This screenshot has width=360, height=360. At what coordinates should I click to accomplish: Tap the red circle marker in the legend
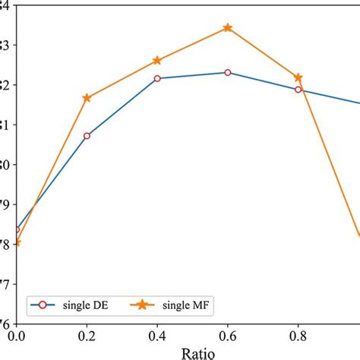tap(43, 305)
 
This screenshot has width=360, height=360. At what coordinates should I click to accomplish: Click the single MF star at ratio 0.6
tap(228, 28)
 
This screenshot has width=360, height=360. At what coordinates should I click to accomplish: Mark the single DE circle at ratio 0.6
tap(228, 72)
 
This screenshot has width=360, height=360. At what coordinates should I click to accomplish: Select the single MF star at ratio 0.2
tap(87, 98)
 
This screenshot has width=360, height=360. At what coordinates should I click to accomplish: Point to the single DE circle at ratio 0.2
tap(87, 136)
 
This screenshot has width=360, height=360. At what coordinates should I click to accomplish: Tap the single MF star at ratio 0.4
tap(157, 60)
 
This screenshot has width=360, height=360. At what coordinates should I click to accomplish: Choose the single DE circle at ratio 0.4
tap(157, 78)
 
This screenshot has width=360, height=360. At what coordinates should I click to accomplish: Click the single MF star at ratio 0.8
tap(298, 77)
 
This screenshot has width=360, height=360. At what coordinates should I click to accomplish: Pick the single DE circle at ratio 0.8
tap(298, 90)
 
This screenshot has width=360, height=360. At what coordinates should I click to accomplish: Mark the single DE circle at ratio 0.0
tap(16, 229)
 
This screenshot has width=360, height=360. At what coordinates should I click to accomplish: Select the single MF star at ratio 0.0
tap(16, 243)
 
